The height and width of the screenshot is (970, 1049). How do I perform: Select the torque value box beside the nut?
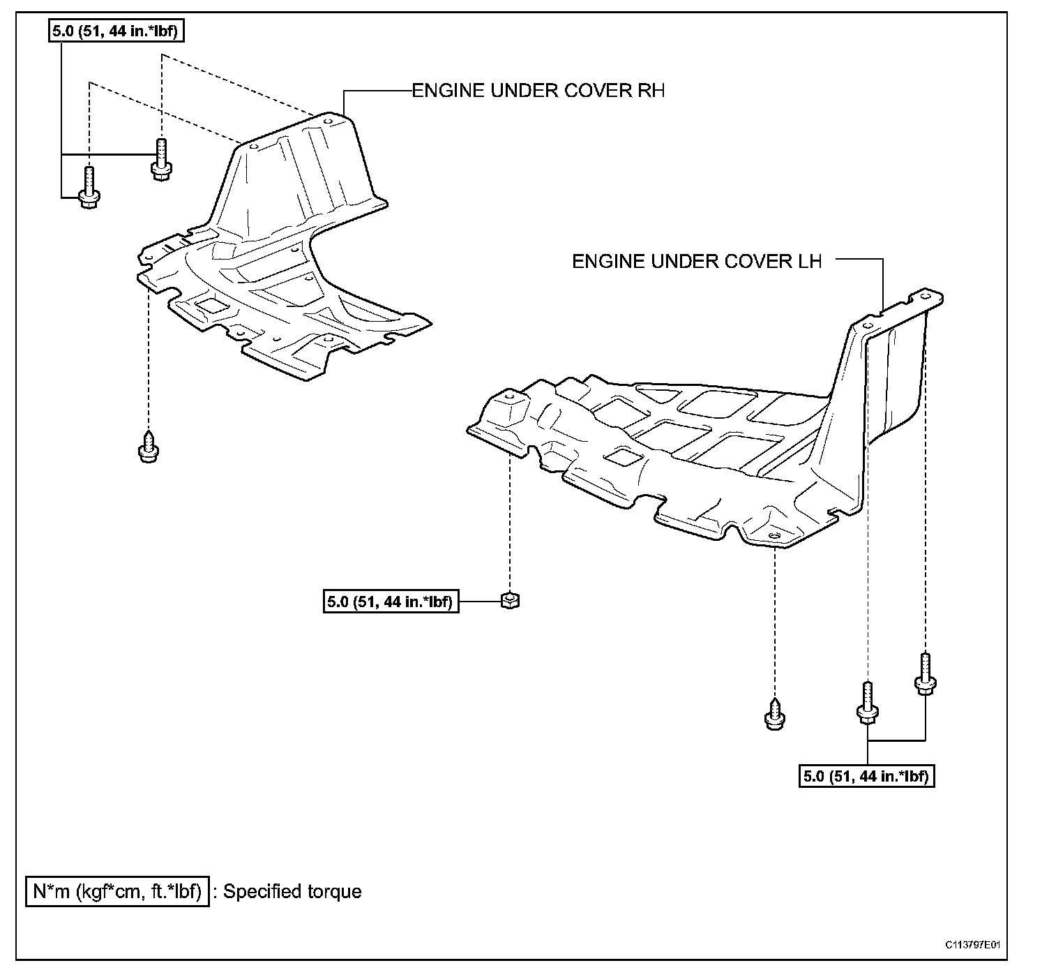pos(391,601)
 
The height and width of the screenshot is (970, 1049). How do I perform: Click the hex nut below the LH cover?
pos(511,599)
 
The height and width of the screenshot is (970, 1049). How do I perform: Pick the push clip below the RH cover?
pos(147,447)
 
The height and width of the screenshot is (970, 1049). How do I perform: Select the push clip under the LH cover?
pos(774,715)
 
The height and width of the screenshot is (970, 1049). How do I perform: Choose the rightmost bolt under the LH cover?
pos(925,673)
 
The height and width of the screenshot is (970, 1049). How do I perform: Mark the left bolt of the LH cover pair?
pos(867,701)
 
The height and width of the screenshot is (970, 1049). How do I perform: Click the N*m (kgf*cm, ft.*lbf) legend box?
pos(117,891)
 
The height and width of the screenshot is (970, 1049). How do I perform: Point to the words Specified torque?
pos(292,891)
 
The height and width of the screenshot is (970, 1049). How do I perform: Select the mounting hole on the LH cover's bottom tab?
pos(774,537)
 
